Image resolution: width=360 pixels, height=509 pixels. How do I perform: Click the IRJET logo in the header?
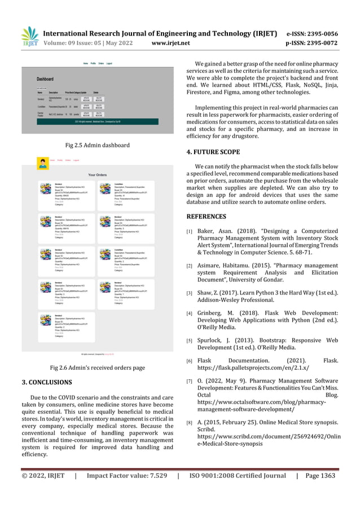pos(29,36)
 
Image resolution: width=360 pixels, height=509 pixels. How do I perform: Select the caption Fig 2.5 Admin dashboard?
pos(98,146)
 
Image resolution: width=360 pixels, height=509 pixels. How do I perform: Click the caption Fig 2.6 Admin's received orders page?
pos(98,368)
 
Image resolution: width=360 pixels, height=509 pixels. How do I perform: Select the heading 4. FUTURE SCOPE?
pos(213,152)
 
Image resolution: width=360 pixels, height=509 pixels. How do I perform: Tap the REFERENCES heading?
pos(206,216)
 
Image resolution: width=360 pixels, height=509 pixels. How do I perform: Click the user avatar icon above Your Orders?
pos(42,163)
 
